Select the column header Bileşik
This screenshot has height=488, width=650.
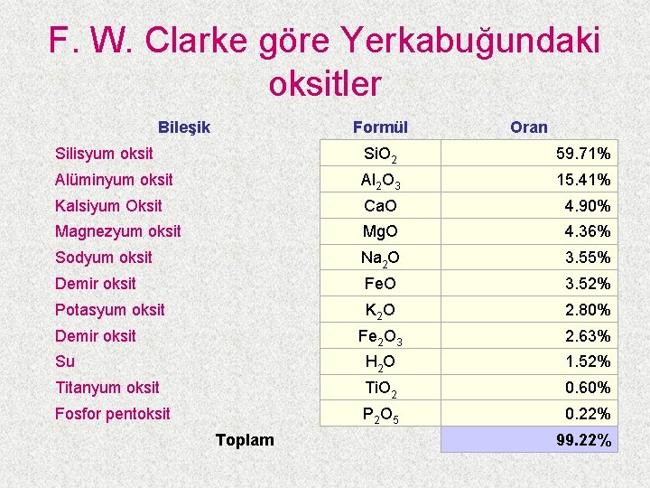pos(183,127)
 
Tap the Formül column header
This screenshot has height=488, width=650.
pos(380,127)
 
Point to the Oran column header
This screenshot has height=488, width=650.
pos(528,127)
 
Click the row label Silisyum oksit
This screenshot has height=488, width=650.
pos(104,154)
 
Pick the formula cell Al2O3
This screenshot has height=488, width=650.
pos(380,181)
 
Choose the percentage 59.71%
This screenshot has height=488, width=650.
pos(583,154)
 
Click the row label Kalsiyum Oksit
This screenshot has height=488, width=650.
pos(108,206)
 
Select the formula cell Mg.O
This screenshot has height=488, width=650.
pos(380,232)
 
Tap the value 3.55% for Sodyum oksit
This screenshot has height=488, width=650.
pos(588,258)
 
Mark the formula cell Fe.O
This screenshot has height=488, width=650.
pos(380,284)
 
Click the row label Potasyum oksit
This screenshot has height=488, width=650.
pos(110,310)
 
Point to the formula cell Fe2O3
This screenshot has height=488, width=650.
pos(380,337)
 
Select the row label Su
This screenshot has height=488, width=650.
pos(65,361)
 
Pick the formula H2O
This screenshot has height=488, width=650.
pos(380,362)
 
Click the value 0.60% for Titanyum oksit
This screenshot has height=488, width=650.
pos(588,388)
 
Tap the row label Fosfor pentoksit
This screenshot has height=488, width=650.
pos(113,414)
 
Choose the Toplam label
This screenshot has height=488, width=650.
pos(245,440)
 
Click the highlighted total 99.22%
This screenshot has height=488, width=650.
pos(583,441)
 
